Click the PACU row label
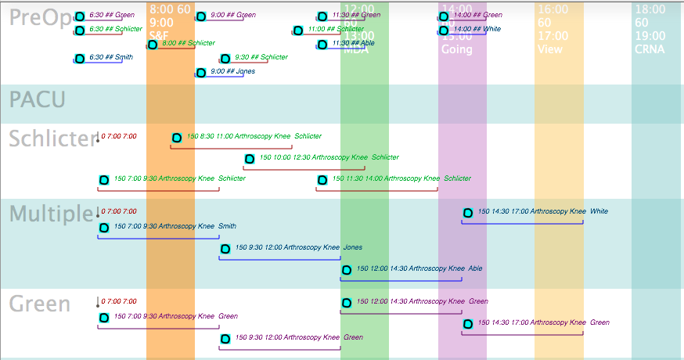(x=37, y=100)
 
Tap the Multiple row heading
(x=51, y=214)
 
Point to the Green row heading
(x=40, y=304)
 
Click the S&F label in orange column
(x=159, y=35)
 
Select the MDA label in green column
(x=356, y=49)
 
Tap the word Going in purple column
(x=456, y=49)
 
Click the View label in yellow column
(x=550, y=49)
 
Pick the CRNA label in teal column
(x=650, y=49)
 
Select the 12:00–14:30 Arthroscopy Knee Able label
(x=419, y=268)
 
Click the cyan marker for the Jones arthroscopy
(x=225, y=249)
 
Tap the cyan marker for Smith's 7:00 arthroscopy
(x=104, y=228)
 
